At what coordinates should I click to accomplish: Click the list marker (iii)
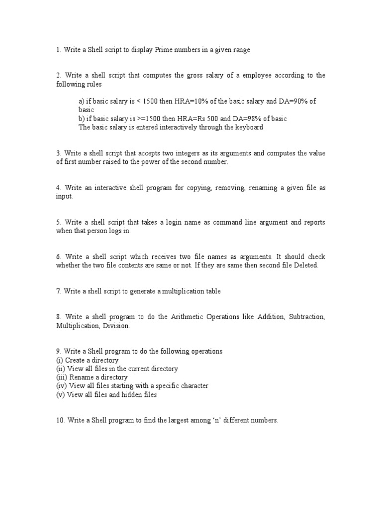62,378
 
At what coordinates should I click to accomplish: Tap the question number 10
60,420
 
